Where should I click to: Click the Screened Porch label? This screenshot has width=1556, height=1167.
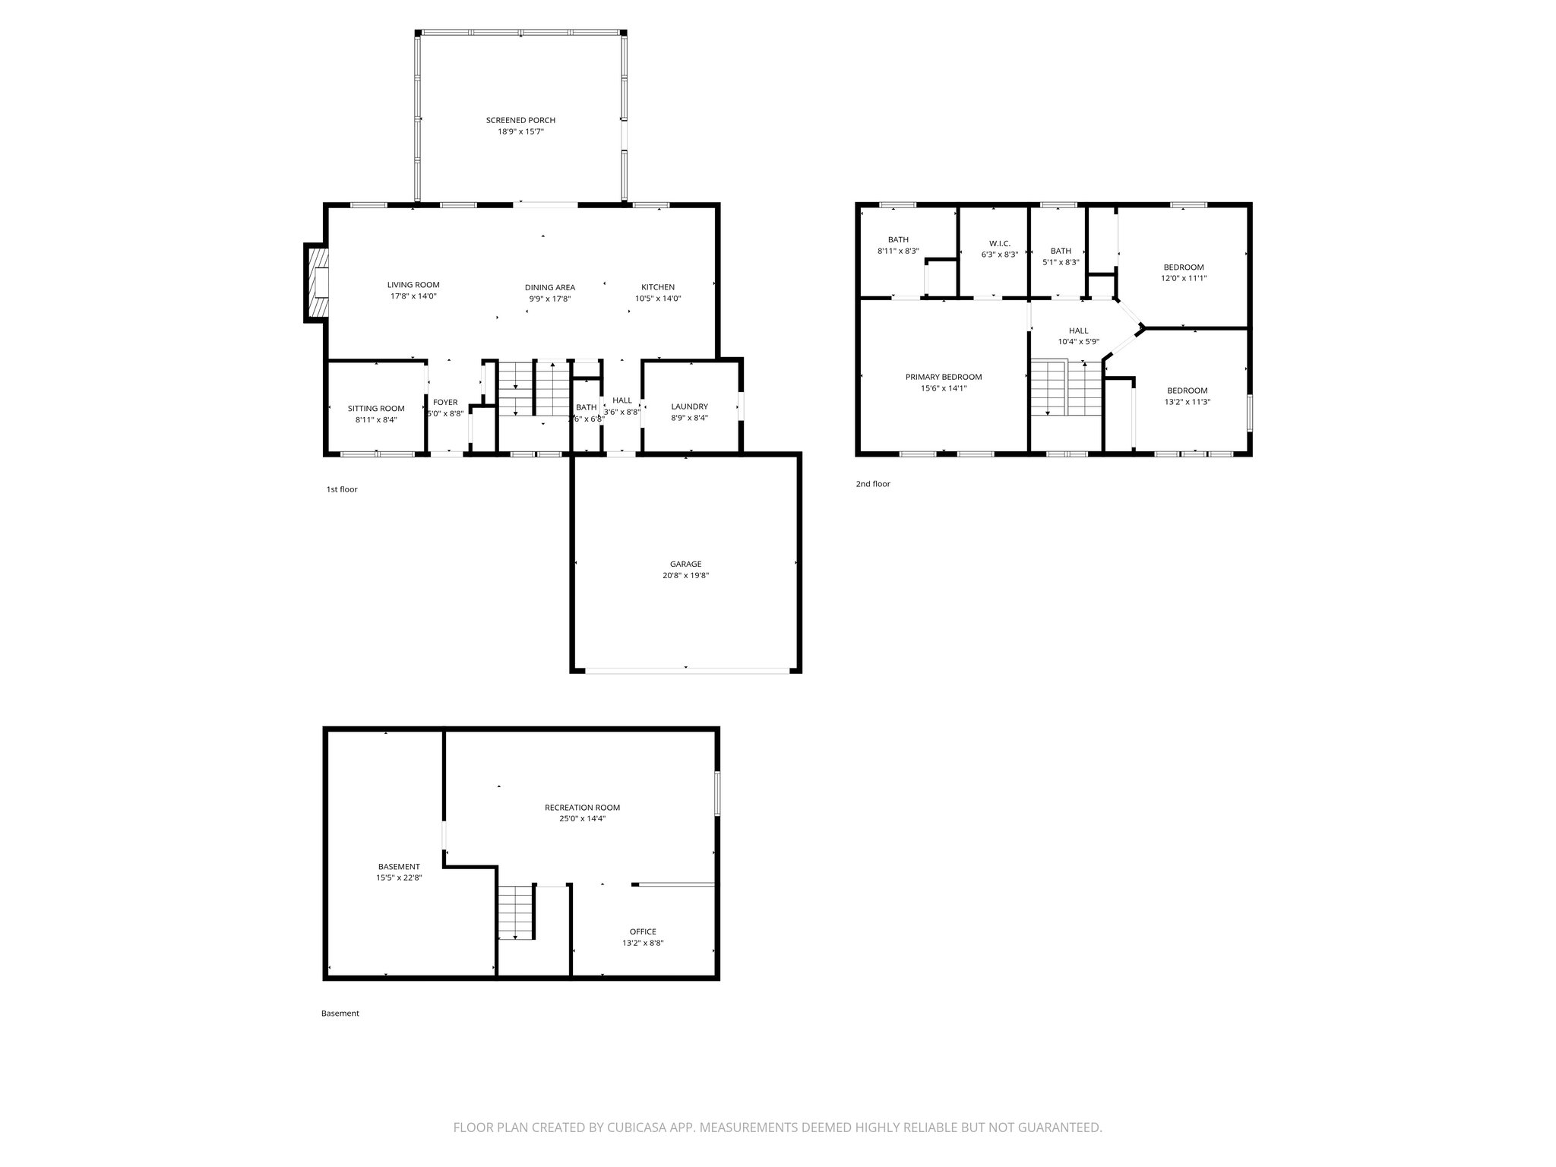click(520, 120)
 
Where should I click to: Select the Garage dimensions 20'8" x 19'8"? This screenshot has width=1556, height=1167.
click(685, 575)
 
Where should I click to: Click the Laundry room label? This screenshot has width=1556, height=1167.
click(689, 406)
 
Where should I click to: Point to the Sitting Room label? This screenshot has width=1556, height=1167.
click(376, 408)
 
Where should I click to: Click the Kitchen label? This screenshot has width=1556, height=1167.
click(657, 287)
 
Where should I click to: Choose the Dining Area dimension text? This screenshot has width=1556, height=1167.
click(549, 299)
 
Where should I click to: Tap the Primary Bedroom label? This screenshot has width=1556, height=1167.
click(943, 377)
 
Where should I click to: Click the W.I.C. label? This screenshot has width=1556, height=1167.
click(999, 243)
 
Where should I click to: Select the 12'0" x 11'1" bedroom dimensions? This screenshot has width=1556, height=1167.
click(1183, 278)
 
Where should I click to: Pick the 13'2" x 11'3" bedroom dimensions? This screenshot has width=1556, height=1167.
click(1187, 402)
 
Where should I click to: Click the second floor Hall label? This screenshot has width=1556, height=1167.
click(1078, 330)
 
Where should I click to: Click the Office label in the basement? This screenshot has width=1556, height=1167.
click(642, 931)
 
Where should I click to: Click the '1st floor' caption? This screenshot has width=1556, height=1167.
click(341, 489)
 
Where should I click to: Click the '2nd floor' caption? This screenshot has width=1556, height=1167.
click(872, 484)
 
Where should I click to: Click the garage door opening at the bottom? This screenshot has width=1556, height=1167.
click(686, 670)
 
